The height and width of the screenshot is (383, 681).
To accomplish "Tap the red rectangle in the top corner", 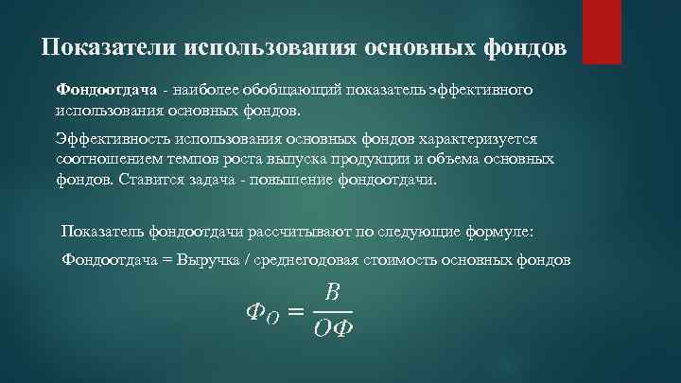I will pyautogui.click(x=601, y=31).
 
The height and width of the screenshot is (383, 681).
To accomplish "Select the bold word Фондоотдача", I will pyautogui.click(x=99, y=91).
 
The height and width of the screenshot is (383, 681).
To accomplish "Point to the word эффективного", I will pyautogui.click(x=484, y=91).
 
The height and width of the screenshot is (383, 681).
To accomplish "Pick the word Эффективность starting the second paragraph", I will pyautogui.click(x=107, y=137).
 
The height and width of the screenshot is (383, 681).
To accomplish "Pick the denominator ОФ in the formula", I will pyautogui.click(x=332, y=329).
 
